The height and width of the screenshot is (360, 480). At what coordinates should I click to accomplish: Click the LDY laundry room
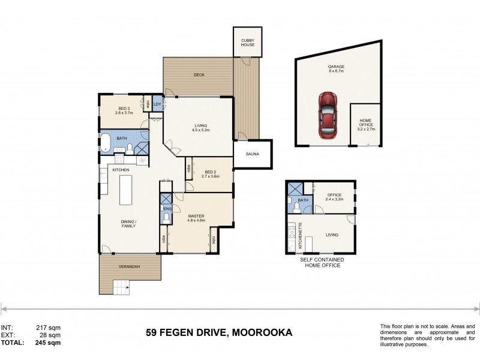[157, 104]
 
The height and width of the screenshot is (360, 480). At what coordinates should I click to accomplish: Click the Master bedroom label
[196, 216]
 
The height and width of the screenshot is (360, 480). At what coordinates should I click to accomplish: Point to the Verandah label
[130, 266]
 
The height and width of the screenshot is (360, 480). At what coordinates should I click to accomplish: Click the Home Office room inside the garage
[365, 126]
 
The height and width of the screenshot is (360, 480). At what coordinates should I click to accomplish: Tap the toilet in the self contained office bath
[296, 207]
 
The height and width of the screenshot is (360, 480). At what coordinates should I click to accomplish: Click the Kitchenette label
[301, 236]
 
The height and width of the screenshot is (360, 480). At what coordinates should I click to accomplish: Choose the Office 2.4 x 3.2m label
[334, 197]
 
